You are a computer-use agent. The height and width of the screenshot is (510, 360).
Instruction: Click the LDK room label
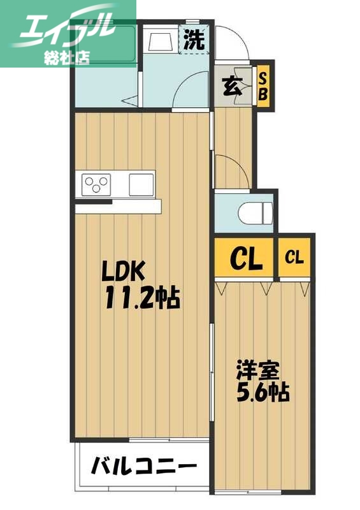[126, 273]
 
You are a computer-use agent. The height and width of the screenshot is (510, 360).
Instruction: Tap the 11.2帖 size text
[141, 297]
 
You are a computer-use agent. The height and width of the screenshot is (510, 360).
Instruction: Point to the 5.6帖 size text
[263, 391]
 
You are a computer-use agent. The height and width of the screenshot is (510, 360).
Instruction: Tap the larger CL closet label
[245, 258]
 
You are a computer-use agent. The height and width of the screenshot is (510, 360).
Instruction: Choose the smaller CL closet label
[294, 258]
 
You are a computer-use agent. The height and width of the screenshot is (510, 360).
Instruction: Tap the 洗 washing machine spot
[194, 40]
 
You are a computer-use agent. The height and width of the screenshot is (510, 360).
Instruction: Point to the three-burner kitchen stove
[96, 184]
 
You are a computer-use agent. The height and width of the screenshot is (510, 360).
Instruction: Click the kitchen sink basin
[141, 184]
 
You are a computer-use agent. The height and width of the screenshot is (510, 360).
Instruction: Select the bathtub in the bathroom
[106, 45]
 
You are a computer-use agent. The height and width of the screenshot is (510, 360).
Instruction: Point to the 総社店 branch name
[66, 56]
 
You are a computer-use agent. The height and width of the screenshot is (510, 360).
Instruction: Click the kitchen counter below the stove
[118, 207]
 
